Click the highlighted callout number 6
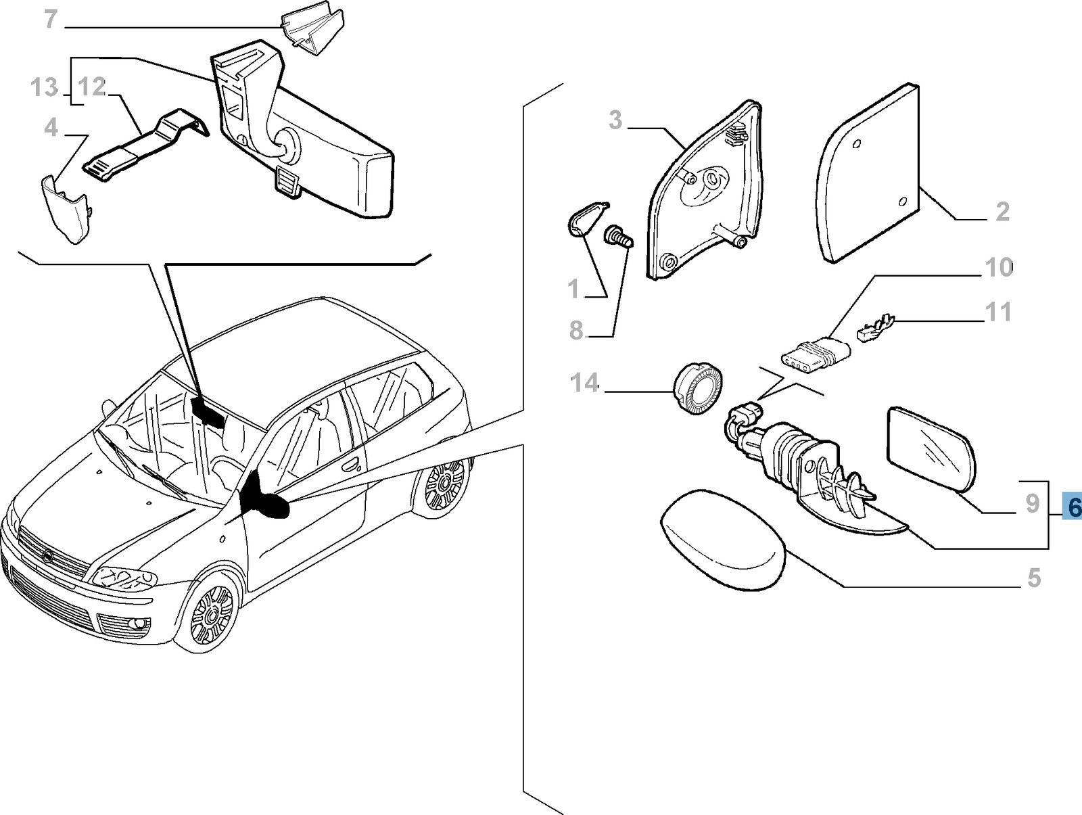[x=1073, y=507]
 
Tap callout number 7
[x=51, y=20]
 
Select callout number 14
[x=585, y=383]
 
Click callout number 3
[x=615, y=120]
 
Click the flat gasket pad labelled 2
[x=869, y=172]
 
